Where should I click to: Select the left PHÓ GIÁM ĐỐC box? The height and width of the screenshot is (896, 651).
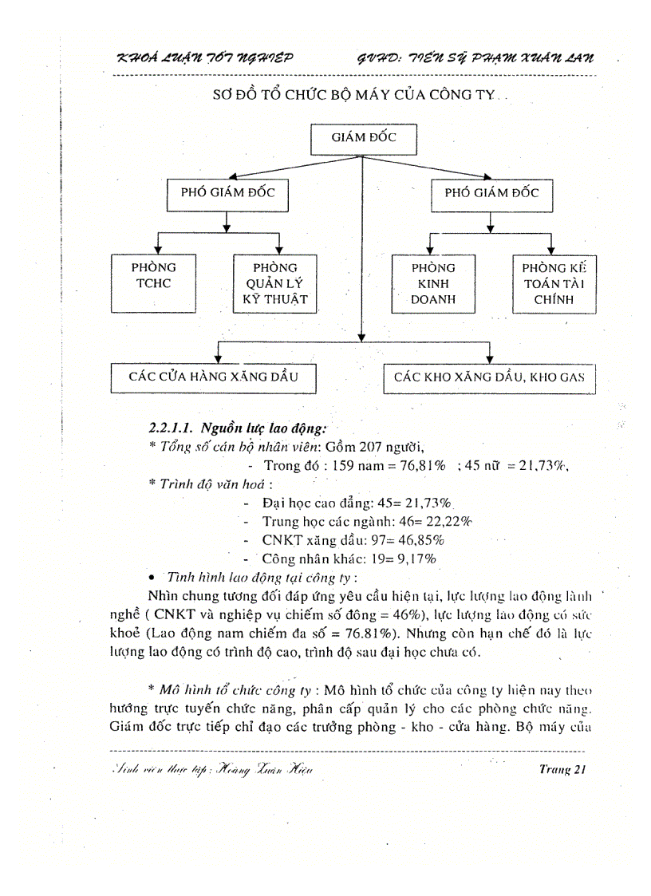(227, 193)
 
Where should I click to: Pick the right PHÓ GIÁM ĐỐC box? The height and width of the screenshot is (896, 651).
(491, 193)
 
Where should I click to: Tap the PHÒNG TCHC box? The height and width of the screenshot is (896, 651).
(153, 282)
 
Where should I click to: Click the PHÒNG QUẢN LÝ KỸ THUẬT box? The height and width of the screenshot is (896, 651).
(274, 283)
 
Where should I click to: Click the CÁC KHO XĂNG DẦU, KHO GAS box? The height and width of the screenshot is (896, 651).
(490, 377)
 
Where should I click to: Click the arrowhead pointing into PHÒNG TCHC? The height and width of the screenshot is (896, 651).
(160, 249)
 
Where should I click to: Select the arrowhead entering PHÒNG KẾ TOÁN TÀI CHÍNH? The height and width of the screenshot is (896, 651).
(550, 249)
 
